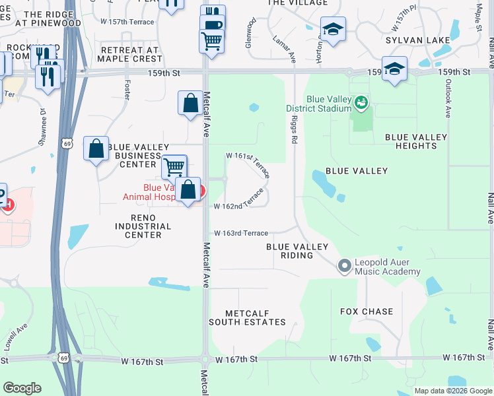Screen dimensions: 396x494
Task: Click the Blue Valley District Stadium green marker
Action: (x=361, y=102)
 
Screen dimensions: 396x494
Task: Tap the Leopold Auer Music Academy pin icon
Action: (x=343, y=266)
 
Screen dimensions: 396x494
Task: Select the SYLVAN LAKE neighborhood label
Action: (x=419, y=40)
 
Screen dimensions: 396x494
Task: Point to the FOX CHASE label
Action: (x=367, y=312)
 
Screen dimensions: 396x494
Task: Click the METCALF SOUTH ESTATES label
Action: (x=247, y=317)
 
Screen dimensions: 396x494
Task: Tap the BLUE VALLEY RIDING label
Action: (x=297, y=251)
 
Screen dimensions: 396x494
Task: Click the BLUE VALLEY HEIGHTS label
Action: (x=416, y=142)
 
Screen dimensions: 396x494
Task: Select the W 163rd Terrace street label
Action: (x=241, y=233)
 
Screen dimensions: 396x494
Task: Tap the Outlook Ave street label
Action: (x=447, y=99)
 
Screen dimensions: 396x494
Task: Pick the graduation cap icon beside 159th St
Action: (x=394, y=69)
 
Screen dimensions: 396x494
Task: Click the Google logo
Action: (x=21, y=388)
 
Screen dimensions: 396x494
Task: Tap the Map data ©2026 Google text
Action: (x=452, y=391)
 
